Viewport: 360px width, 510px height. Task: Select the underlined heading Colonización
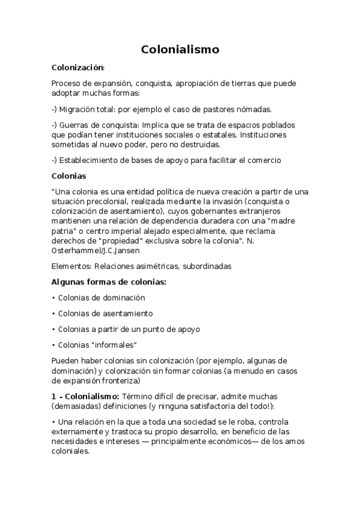coord(78,68)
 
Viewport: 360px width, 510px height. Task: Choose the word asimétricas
coord(160,265)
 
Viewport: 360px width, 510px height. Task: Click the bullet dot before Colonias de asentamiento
coord(53,314)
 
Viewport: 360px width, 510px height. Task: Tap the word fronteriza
coord(120,381)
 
